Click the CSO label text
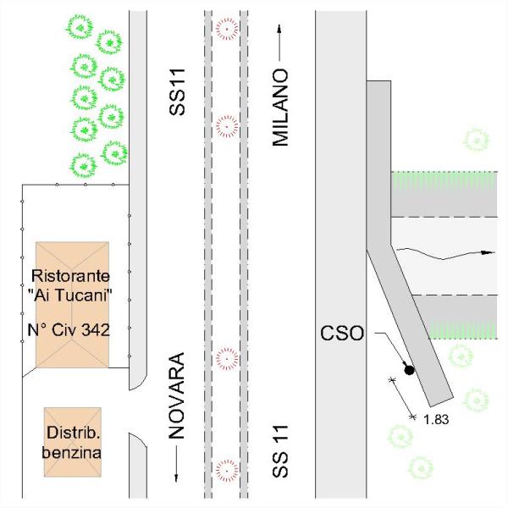click(x=342, y=333)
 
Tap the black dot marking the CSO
click(x=410, y=370)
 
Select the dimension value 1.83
click(x=436, y=420)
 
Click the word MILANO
click(x=280, y=108)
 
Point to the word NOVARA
click(x=177, y=395)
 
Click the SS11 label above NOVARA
click(x=177, y=92)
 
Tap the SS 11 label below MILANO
click(x=280, y=451)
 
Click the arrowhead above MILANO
click(x=279, y=29)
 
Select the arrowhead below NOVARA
click(x=177, y=478)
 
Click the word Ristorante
click(x=70, y=276)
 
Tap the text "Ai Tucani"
click(x=70, y=295)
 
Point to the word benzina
click(x=72, y=452)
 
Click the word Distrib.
click(x=73, y=433)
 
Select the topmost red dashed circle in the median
click(x=227, y=29)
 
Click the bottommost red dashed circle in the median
click(x=227, y=471)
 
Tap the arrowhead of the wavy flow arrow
click(x=488, y=252)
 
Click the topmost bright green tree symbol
click(x=80, y=27)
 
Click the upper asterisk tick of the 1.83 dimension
click(x=392, y=379)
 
